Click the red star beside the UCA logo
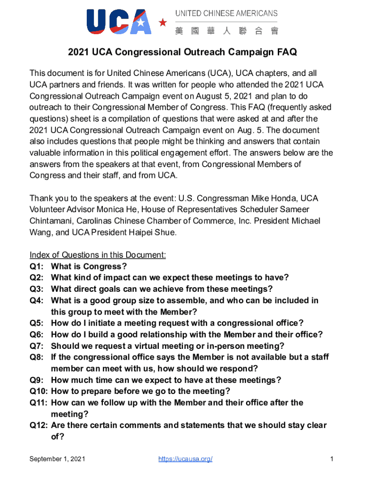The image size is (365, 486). point(163,22)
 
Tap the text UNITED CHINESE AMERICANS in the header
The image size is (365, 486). point(226,14)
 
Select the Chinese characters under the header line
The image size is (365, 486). point(226,31)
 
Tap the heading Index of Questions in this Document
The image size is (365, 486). point(98,255)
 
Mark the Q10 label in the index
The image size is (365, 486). point(38,392)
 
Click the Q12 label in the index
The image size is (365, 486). point(38,426)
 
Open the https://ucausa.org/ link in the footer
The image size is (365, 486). point(185,459)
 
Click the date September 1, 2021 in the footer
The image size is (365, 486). point(57,459)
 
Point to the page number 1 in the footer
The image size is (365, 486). point(332,459)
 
